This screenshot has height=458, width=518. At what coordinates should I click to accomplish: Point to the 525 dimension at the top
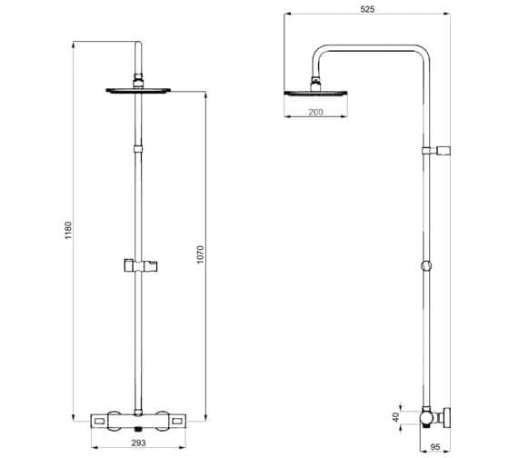coord(366,8)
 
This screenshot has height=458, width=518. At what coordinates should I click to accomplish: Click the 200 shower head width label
coord(314,111)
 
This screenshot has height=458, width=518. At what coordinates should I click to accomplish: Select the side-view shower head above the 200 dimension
coord(314,92)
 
